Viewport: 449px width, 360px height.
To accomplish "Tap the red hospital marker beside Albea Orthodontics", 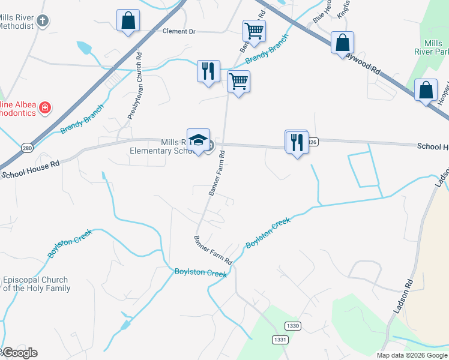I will click(44, 109).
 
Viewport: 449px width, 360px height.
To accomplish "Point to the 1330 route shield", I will click(293, 326).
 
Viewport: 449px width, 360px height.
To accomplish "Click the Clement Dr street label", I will click(179, 31).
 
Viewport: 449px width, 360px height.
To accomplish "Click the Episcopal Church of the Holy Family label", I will click(36, 284).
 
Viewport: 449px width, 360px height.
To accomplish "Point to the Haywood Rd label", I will click(366, 63).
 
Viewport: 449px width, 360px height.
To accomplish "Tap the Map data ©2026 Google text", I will click(411, 355).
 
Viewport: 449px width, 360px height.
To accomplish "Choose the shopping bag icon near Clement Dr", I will click(128, 20).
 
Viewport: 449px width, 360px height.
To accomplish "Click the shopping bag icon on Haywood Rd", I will click(342, 43).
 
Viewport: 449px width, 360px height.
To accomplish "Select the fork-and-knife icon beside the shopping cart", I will click(208, 71).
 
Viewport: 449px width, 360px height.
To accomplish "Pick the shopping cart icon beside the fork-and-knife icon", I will click(239, 81).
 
